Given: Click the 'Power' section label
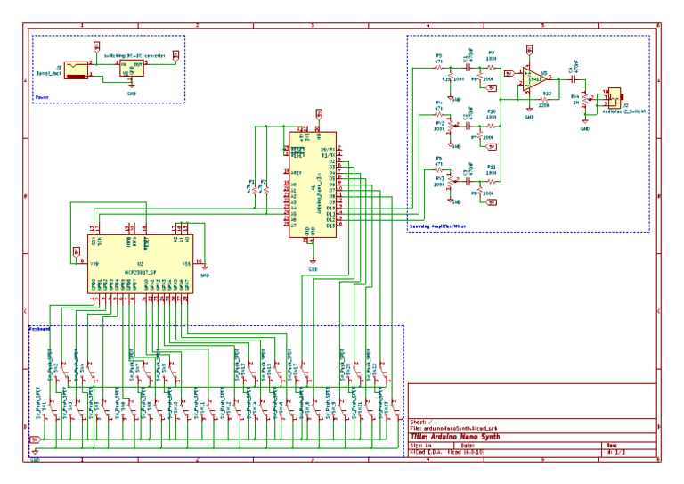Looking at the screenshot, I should coord(42,99).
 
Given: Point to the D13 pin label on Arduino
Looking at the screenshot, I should coord(330,226).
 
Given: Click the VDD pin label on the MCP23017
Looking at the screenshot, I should coord(94,264).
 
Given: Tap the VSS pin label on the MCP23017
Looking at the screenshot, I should coord(186,264).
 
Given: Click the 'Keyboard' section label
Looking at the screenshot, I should coord(41,328).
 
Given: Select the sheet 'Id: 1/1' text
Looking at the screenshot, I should coord(615,453).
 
